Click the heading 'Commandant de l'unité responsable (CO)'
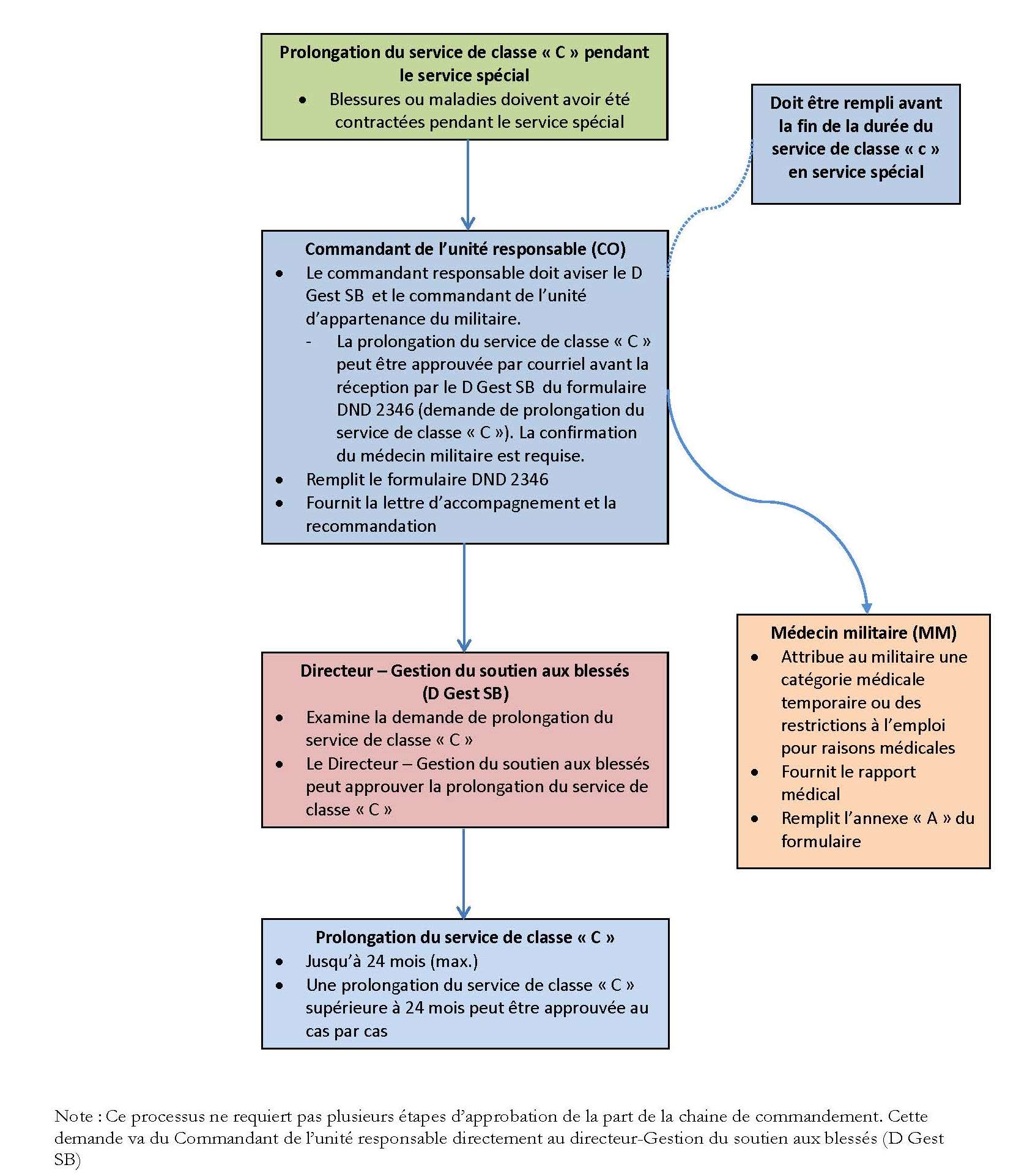(465, 249)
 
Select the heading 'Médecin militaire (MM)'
(863, 633)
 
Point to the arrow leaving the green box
(468, 183)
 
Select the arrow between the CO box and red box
(464, 596)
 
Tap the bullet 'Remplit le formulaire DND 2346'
(427, 479)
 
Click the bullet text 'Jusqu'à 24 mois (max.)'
(391, 961)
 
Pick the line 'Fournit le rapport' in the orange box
(848, 771)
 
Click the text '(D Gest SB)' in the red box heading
(465, 693)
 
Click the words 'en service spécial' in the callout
(855, 172)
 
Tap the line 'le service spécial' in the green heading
(464, 75)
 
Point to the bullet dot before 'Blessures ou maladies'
(303, 100)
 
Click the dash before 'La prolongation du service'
(309, 342)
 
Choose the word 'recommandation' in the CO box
(371, 526)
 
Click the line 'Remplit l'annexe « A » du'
(877, 818)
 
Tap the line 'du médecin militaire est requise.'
(460, 455)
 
